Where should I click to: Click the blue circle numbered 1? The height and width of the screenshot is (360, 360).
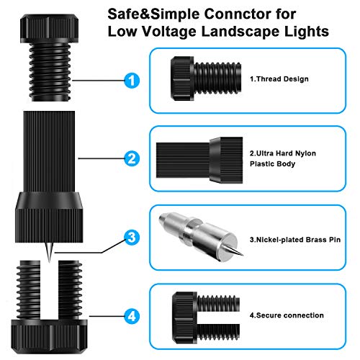click(x=130, y=81)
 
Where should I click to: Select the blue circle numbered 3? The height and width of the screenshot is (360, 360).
click(x=130, y=237)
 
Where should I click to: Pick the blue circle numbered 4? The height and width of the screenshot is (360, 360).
click(x=130, y=315)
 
